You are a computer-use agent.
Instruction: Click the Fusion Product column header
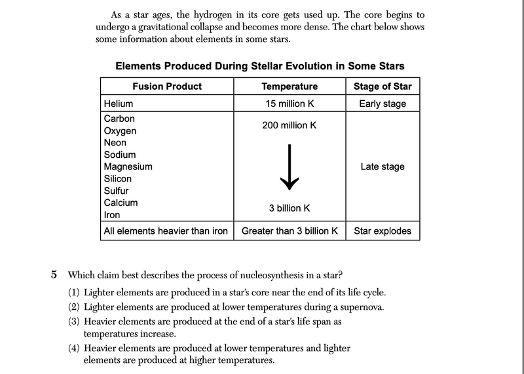point(167,86)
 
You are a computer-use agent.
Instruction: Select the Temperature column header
point(289,86)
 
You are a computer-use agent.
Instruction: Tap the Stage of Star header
point(383,86)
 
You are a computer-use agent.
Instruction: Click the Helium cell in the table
point(119,103)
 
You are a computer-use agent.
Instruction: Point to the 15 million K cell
point(289,103)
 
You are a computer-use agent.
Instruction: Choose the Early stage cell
point(383,103)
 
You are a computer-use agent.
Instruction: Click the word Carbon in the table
point(119,119)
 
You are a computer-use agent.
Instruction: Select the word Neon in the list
point(115,142)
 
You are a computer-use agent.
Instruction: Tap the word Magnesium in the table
point(128,166)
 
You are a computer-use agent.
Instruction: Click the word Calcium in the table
point(121,202)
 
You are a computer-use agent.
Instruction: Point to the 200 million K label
point(289,124)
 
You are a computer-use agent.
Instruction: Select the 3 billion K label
point(289,208)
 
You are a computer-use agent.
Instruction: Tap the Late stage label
point(383,166)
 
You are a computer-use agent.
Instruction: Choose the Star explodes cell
point(383,231)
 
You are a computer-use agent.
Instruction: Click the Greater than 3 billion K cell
point(289,231)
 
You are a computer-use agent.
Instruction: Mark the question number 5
point(55,274)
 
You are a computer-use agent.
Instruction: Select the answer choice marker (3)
point(75,322)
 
